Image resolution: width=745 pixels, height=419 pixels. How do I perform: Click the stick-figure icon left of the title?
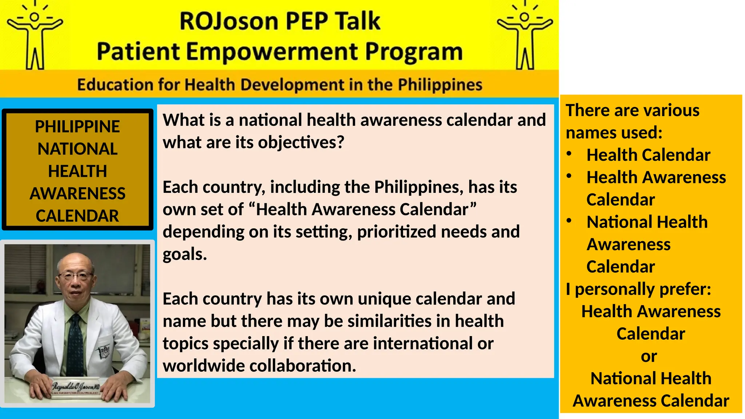pyautogui.click(x=35, y=36)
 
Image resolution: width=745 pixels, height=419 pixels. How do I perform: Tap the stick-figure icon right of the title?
pyautogui.click(x=525, y=36)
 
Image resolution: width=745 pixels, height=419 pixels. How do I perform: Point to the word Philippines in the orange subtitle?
pyautogui.click(x=440, y=85)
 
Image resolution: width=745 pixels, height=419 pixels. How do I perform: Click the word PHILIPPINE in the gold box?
pyautogui.click(x=77, y=127)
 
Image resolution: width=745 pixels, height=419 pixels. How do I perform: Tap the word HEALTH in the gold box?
pyautogui.click(x=77, y=171)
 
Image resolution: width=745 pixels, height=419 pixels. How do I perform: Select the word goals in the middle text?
pyautogui.click(x=184, y=254)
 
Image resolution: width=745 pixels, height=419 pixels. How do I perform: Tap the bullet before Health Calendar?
pyautogui.click(x=569, y=154)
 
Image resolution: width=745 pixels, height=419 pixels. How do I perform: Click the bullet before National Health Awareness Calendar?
pyautogui.click(x=569, y=221)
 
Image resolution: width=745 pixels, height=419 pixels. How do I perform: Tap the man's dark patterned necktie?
pyautogui.click(x=75, y=346)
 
